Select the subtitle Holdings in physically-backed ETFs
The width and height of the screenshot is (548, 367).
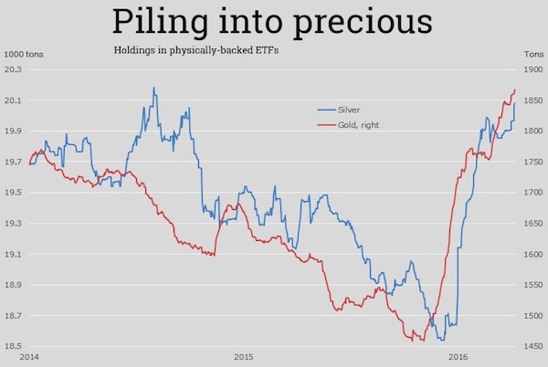coord(195,49)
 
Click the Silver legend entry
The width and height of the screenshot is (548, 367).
coord(349,110)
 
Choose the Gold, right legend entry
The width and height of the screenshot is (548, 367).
coord(358,123)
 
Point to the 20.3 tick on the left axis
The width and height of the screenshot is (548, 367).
coord(13,69)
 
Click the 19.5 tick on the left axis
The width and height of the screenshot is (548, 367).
coord(13,193)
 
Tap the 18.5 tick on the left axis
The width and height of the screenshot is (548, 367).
coord(13,347)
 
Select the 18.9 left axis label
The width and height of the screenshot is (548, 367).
coord(13,285)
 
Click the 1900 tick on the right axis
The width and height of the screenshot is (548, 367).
coord(533,69)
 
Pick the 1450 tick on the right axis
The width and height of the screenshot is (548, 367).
coord(533,347)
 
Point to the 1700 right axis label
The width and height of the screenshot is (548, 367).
coord(533,193)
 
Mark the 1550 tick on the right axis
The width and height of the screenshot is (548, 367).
coord(533,285)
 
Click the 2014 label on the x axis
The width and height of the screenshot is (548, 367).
coord(29,356)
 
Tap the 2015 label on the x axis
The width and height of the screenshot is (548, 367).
coord(242,356)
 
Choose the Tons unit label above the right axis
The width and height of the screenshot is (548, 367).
coord(532,55)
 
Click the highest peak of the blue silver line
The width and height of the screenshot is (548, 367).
coord(153,88)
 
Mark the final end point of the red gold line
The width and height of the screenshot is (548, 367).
coord(516,89)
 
